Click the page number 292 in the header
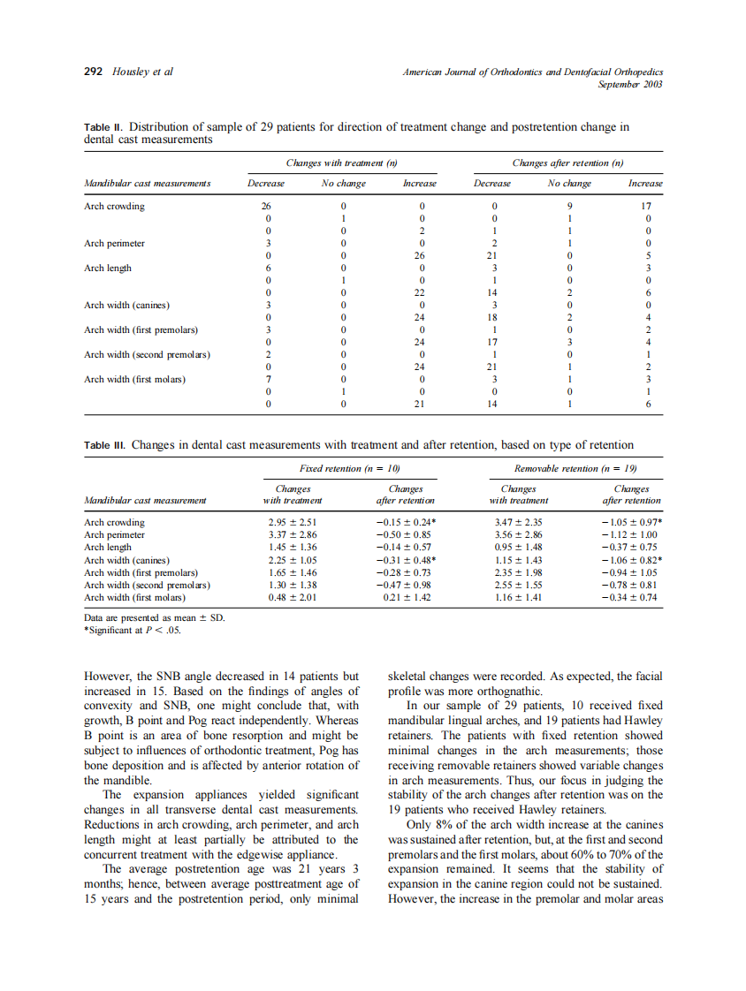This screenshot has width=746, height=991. pyautogui.click(x=94, y=72)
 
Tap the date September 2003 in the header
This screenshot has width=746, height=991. pyautogui.click(x=630, y=84)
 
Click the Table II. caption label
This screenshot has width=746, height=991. pyautogui.click(x=103, y=127)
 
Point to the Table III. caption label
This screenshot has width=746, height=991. pyautogui.click(x=105, y=445)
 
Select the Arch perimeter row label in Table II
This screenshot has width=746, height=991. pyautogui.click(x=114, y=244)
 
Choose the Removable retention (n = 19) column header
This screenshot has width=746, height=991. pyautogui.click(x=575, y=468)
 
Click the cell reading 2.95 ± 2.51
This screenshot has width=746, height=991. pyautogui.click(x=292, y=522)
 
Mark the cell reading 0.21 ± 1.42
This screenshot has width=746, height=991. pyautogui.click(x=406, y=597)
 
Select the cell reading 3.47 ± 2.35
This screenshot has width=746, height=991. pyautogui.click(x=517, y=522)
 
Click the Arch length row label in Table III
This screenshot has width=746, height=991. pyautogui.click(x=107, y=548)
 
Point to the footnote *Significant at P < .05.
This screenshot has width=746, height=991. pyautogui.click(x=133, y=630)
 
